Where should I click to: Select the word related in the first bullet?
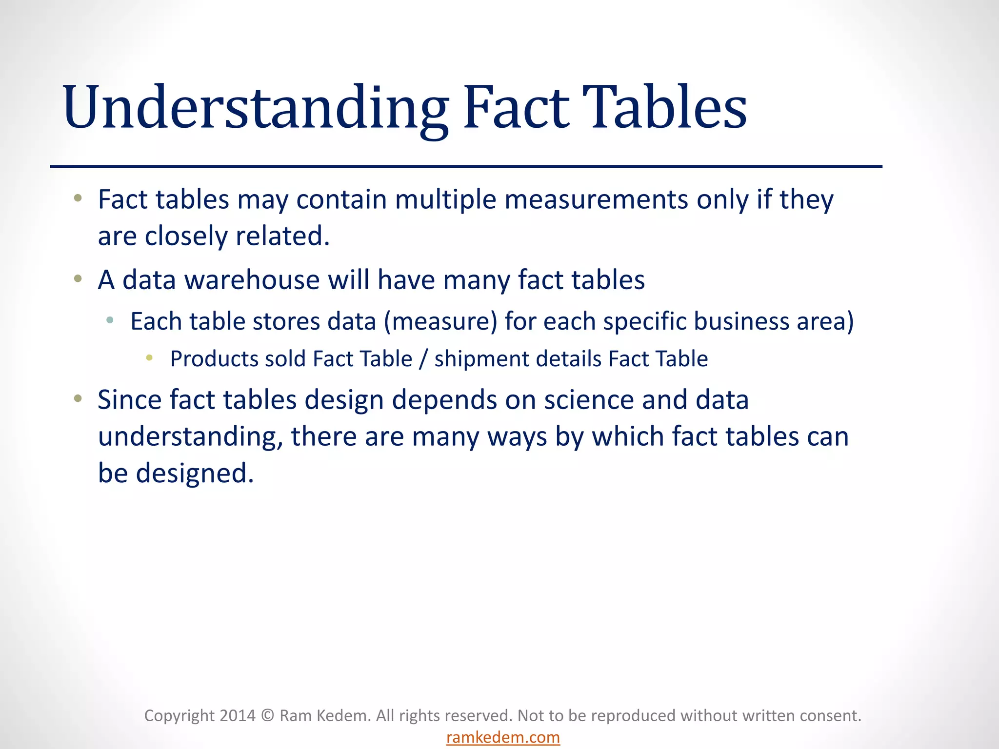[282, 236]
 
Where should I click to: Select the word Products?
[214, 359]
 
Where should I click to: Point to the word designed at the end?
[195, 473]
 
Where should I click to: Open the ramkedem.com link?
[503, 737]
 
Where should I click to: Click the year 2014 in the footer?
[237, 715]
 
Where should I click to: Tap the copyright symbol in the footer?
[267, 715]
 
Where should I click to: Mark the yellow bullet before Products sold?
[149, 358]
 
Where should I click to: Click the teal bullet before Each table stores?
[110, 320]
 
